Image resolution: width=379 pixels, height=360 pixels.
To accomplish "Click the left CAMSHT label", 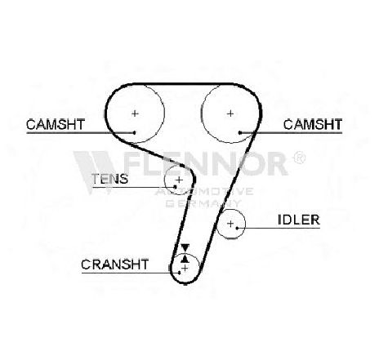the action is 56,124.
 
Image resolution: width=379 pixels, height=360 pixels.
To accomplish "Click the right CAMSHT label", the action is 313,124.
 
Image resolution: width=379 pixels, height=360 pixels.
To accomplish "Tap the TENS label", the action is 109,179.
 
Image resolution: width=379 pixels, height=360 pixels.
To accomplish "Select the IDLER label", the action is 299,220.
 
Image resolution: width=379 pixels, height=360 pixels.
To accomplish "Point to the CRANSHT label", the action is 115,264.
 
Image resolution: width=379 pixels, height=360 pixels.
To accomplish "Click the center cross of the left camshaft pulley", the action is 135,113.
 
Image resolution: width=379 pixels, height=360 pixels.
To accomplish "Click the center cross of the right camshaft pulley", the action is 230,113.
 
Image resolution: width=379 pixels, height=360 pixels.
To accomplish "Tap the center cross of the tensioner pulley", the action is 179,180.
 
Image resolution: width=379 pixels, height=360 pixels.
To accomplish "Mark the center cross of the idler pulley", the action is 230,224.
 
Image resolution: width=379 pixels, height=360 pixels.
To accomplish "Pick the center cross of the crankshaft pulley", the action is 185,269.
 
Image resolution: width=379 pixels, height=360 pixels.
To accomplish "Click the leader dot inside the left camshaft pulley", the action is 134,133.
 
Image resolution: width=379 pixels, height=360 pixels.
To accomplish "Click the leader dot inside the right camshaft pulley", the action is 240,133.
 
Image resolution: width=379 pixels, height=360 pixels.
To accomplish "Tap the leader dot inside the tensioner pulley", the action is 175,187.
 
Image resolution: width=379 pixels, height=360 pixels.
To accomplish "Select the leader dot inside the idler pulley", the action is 237,228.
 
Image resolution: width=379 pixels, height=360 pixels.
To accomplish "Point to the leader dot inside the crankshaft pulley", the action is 180,273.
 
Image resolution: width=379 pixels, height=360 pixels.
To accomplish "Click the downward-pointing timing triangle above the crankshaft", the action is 185,247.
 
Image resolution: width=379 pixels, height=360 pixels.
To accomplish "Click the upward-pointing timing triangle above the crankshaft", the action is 185,258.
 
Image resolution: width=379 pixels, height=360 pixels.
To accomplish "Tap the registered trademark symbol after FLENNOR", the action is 299,158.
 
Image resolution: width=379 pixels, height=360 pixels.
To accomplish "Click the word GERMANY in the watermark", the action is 203,203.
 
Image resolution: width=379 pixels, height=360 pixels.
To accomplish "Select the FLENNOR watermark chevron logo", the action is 94,172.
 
